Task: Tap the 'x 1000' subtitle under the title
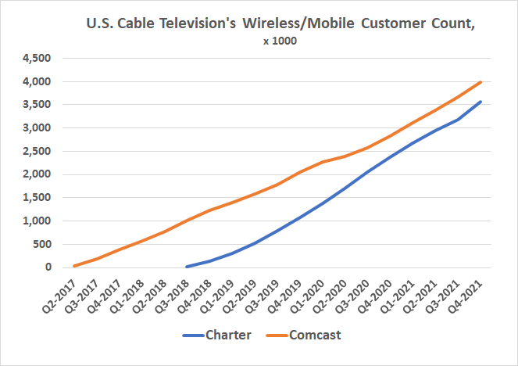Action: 280,41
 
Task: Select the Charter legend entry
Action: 227,335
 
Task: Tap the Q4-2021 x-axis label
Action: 466,296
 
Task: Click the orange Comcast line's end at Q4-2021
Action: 480,82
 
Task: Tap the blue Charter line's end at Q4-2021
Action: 480,102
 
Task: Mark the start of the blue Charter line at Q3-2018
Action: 187,267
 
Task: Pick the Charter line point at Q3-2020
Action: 367,172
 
